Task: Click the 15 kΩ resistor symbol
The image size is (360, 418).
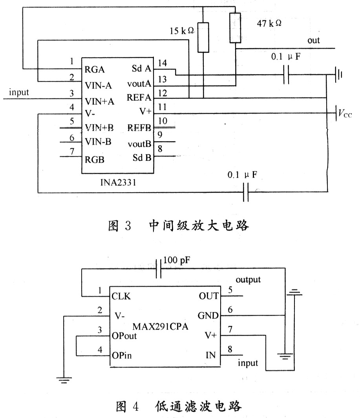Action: coord(203,37)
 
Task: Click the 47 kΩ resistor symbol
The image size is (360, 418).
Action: coord(235,28)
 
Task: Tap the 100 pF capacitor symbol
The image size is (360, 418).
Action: coord(159,269)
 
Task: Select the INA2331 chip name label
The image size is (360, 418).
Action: coord(118,183)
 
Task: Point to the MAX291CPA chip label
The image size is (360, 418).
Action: coord(161,327)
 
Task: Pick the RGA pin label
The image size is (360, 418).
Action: coord(95,69)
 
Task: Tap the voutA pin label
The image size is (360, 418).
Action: coord(139,84)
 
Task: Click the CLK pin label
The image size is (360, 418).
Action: coord(121,296)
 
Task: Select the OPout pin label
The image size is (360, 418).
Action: coord(124,336)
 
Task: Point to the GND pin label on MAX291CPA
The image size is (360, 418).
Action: coord(208,316)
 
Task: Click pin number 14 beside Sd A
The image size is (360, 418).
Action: coord(162,63)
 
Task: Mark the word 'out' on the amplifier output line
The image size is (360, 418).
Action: coord(314,40)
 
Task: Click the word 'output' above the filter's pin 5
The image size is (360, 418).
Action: coord(248,280)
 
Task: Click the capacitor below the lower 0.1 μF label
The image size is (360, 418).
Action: coord(246,192)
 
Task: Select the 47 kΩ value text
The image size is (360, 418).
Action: coord(269,24)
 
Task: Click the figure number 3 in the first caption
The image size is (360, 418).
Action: coord(128,226)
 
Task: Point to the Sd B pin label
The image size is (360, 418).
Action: coord(142,158)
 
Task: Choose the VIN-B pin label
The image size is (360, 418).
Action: coord(98,142)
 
